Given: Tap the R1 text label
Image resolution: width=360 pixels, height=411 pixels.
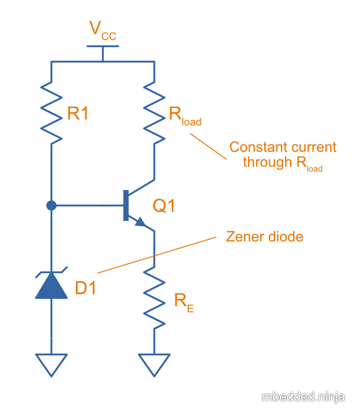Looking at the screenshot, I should click(x=78, y=114).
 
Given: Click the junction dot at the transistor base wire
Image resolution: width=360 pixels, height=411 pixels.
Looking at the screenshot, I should click(x=51, y=205).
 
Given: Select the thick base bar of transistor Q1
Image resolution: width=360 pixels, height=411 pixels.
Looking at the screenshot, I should click(x=126, y=205).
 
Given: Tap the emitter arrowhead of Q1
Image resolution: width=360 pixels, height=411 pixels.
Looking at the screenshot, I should click(x=141, y=222).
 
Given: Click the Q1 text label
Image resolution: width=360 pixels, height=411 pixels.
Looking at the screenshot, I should click(x=164, y=206).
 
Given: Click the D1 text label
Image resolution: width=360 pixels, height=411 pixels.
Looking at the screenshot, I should click(x=85, y=287).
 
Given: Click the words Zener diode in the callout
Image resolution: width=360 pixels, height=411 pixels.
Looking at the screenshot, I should click(x=265, y=237).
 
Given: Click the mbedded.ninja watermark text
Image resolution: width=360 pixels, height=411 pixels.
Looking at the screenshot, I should click(x=303, y=397).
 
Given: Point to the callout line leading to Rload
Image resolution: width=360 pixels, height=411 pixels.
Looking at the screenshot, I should click(x=208, y=146).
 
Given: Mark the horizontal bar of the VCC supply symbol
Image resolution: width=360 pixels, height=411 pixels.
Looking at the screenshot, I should click(x=103, y=46).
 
